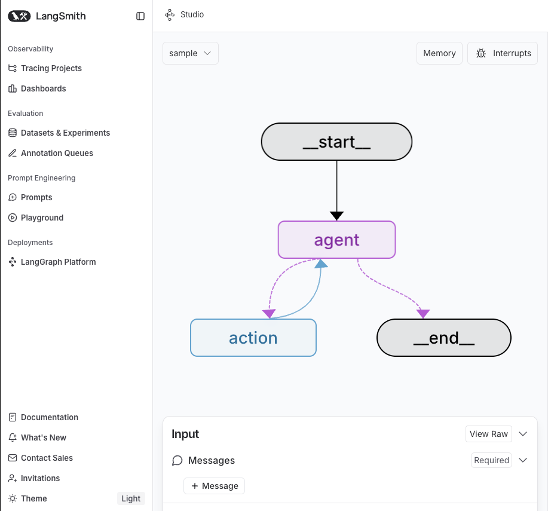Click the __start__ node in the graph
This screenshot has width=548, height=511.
pos(336,142)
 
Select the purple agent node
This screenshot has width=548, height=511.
pos(336,240)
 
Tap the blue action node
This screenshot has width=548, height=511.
pos(253,338)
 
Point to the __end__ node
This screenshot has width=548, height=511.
pos(444,338)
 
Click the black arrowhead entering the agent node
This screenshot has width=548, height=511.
pos(336,216)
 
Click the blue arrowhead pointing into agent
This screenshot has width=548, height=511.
pos(321,264)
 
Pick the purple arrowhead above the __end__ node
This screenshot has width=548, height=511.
pos(423,314)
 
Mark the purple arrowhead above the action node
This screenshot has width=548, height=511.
pos(269,314)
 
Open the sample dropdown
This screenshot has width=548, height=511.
pos(191,53)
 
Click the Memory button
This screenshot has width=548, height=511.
pos(439,53)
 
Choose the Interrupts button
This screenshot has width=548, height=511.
pos(502,53)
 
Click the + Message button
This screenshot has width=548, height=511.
pos(214,486)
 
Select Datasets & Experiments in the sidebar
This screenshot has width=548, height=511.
pos(59,133)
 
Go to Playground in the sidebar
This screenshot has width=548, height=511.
pos(36,218)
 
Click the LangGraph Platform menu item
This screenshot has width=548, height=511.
pos(52,262)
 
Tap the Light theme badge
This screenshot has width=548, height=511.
pos(131,498)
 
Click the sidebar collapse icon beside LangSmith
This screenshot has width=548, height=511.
pos(140,16)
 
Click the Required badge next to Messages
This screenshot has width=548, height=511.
pos(491,460)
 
